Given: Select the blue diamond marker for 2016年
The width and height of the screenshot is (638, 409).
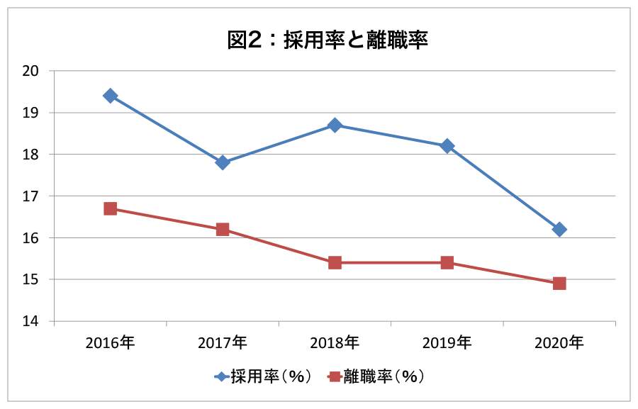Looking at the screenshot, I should point(111,96).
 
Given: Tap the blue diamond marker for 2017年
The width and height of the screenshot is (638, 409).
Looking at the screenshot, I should point(223,162).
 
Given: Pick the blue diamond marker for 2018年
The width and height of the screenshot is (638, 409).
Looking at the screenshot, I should point(335,125).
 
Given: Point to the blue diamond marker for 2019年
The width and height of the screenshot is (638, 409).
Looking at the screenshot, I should point(447,146).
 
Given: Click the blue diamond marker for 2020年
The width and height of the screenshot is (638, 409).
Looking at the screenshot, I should point(559,229).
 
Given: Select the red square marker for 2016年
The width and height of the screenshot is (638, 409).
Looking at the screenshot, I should point(111,208).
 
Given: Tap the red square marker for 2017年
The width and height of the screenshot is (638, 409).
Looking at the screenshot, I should point(223,229).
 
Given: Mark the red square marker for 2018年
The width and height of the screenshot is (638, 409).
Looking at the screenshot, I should point(335,262).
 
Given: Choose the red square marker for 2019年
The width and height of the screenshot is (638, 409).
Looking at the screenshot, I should point(447,262).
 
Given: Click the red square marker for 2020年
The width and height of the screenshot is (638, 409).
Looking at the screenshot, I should point(559,284).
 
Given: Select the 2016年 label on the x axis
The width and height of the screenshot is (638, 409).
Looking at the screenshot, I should point(111,343).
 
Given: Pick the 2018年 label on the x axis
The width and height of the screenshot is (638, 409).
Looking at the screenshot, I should point(335,343).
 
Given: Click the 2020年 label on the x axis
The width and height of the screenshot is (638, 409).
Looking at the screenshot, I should point(559,343).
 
